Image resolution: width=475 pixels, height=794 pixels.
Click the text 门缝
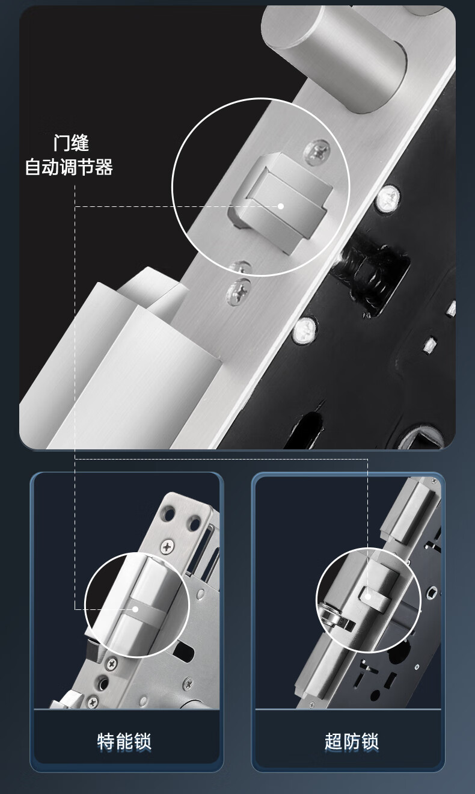71,143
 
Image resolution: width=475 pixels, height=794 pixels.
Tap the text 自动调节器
69,167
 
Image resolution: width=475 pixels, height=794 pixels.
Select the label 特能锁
124,742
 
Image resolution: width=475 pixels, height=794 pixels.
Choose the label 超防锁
351,742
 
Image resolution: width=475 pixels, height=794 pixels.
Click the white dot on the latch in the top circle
281,206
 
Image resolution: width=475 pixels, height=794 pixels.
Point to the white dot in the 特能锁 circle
135,609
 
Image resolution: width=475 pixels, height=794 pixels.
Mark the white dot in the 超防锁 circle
368,597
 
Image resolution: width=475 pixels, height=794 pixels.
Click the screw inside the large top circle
317,152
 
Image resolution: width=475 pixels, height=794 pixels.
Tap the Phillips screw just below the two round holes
167,547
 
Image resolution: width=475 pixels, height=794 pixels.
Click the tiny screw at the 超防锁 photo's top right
434,481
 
